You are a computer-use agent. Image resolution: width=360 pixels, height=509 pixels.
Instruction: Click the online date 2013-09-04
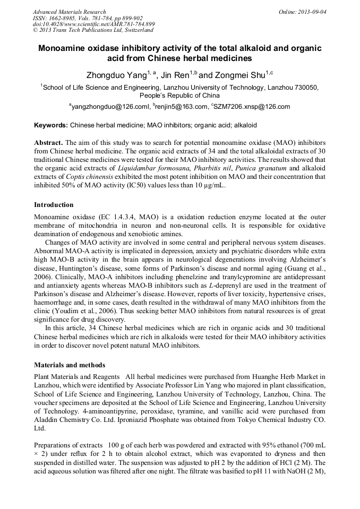[312, 12]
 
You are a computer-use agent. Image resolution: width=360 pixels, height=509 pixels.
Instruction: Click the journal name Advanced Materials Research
[69, 12]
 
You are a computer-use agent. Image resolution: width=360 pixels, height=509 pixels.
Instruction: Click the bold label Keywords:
[51, 126]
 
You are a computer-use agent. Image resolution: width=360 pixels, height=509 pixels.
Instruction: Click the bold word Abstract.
[48, 144]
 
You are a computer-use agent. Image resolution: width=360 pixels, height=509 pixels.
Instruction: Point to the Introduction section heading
[54, 204]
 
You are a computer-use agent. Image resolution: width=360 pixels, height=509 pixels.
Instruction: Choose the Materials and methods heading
[70, 365]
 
